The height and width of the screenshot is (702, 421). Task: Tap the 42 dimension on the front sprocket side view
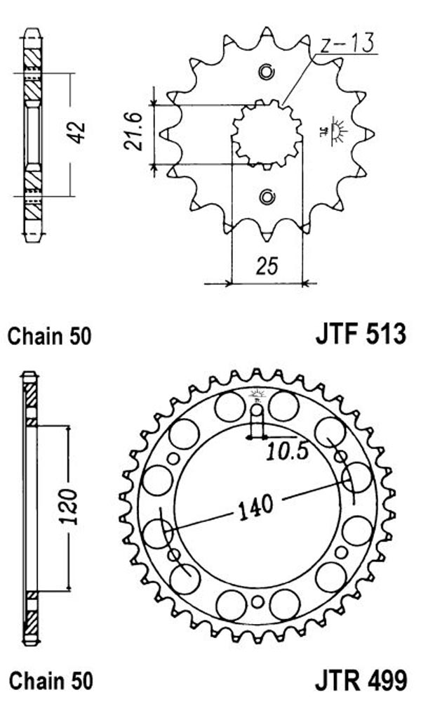pos(77,133)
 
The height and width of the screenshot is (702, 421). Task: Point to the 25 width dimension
pos(267,266)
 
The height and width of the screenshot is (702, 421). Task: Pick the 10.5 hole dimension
pos(288,452)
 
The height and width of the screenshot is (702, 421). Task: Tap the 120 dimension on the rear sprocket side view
pos(69,507)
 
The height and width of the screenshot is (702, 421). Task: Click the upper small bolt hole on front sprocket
pos(267,72)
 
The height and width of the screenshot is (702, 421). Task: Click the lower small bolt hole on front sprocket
pos(267,197)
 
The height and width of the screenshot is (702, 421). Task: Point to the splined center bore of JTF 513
pos(267,134)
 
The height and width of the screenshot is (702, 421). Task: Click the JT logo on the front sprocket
pos(333,131)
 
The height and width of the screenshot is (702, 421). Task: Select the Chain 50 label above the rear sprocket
pos(49,336)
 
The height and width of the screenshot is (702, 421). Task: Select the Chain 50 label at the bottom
pos(51,681)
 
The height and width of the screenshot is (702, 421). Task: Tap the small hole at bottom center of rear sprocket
pos(257,602)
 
